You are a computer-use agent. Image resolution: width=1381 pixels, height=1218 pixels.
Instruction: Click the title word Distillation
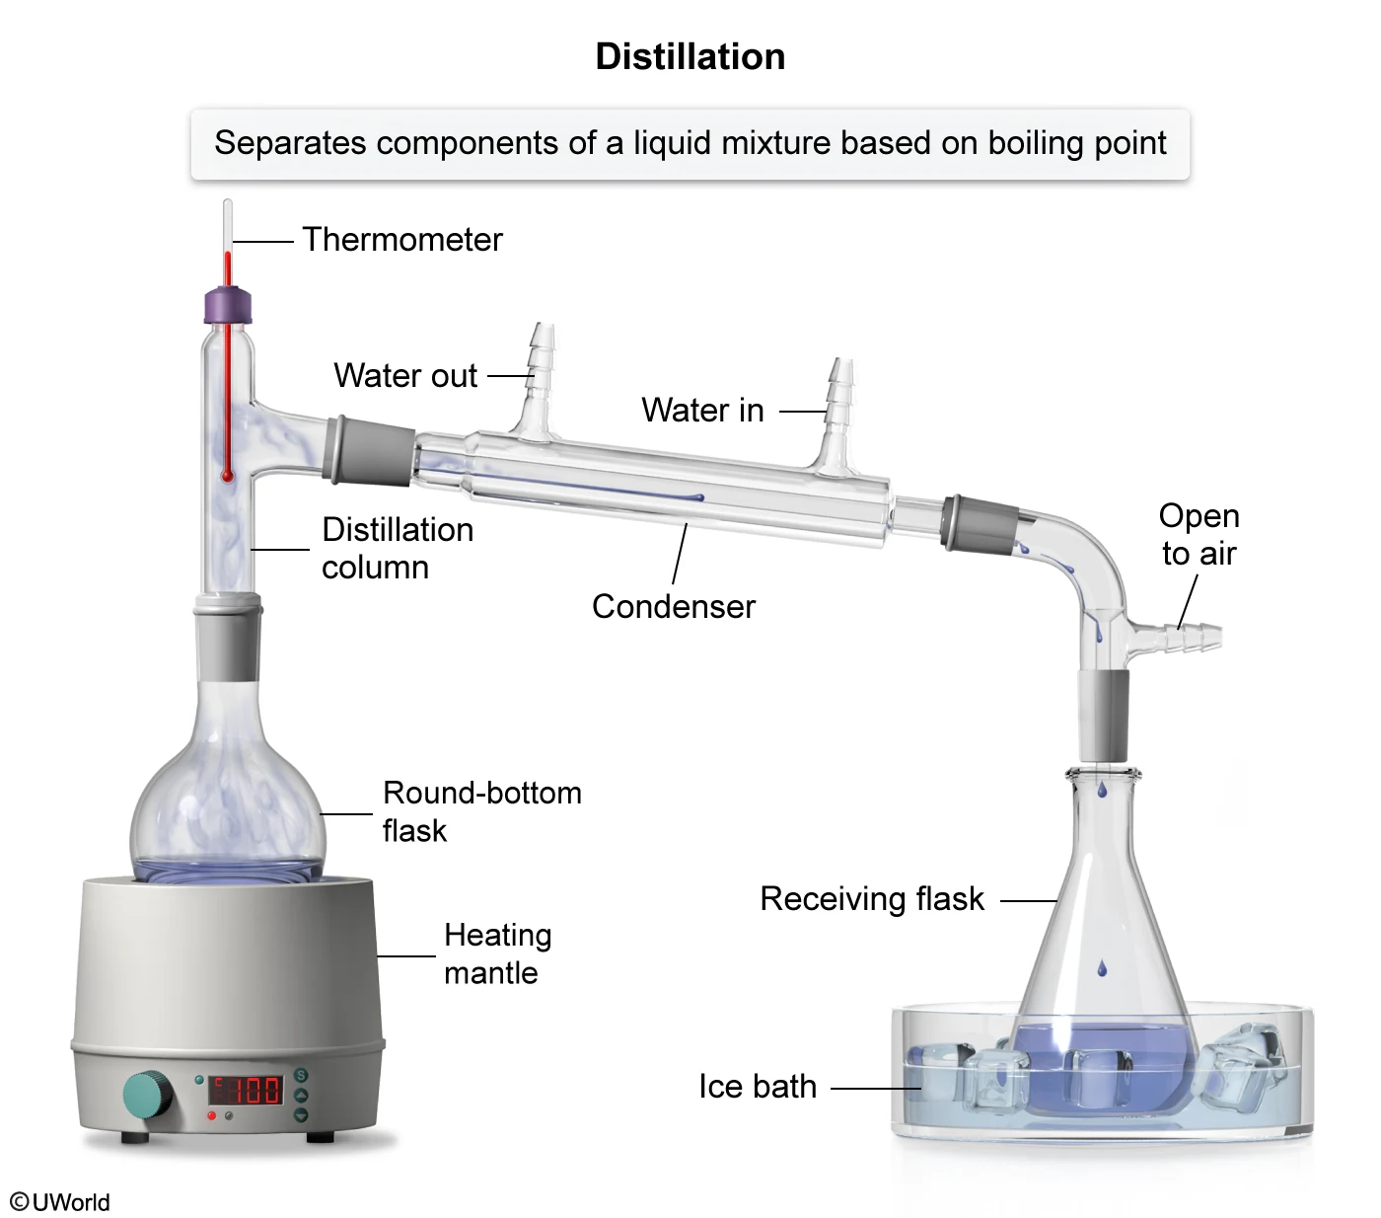690,57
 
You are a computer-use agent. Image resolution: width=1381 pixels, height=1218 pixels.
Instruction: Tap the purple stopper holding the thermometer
228,305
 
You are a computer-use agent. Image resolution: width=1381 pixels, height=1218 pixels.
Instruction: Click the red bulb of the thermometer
228,476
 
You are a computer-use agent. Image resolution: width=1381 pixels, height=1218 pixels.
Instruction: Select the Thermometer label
401,240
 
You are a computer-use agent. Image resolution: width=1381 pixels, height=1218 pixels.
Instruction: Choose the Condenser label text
673,606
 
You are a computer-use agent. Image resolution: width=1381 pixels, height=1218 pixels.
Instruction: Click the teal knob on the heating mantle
147,1095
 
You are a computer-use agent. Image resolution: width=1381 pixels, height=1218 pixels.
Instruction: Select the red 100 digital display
247,1090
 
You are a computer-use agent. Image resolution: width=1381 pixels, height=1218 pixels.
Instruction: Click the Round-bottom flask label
481,811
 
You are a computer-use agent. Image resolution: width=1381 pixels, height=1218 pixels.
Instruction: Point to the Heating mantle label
497,953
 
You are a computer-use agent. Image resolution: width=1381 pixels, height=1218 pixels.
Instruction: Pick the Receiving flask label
872,899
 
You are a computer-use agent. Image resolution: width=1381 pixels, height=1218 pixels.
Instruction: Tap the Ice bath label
757,1087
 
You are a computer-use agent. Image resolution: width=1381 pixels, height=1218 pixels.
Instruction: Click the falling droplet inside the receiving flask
1102,968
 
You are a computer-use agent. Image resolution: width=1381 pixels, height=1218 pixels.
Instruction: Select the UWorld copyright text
60,1202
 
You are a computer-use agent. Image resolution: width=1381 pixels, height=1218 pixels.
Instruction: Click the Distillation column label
397,549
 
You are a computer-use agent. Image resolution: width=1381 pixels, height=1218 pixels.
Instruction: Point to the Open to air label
1199,534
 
